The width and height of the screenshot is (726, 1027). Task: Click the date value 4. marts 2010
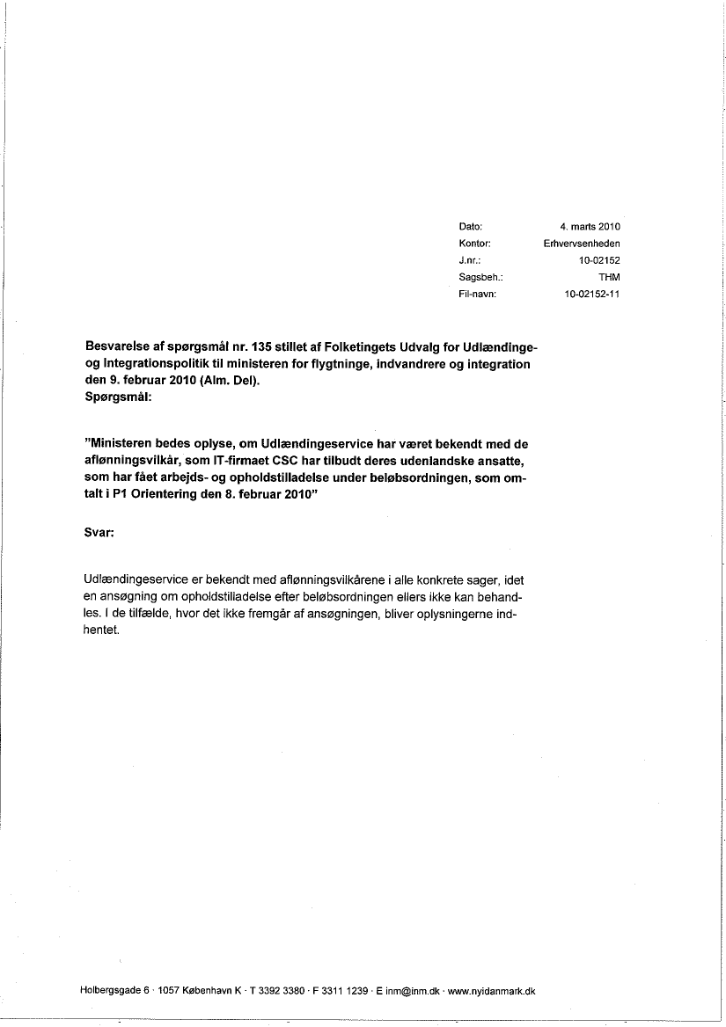pos(590,227)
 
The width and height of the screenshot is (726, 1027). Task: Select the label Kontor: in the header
pos(473,244)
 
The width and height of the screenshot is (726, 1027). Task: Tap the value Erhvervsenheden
pos(582,244)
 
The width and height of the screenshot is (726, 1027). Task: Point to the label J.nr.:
pos(468,260)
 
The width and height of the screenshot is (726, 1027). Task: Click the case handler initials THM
pos(609,277)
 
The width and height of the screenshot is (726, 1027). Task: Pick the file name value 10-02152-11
pos(592,294)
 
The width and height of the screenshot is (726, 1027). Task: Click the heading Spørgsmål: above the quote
pos(119,397)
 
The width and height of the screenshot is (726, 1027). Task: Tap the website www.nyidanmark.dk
pos(492,991)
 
